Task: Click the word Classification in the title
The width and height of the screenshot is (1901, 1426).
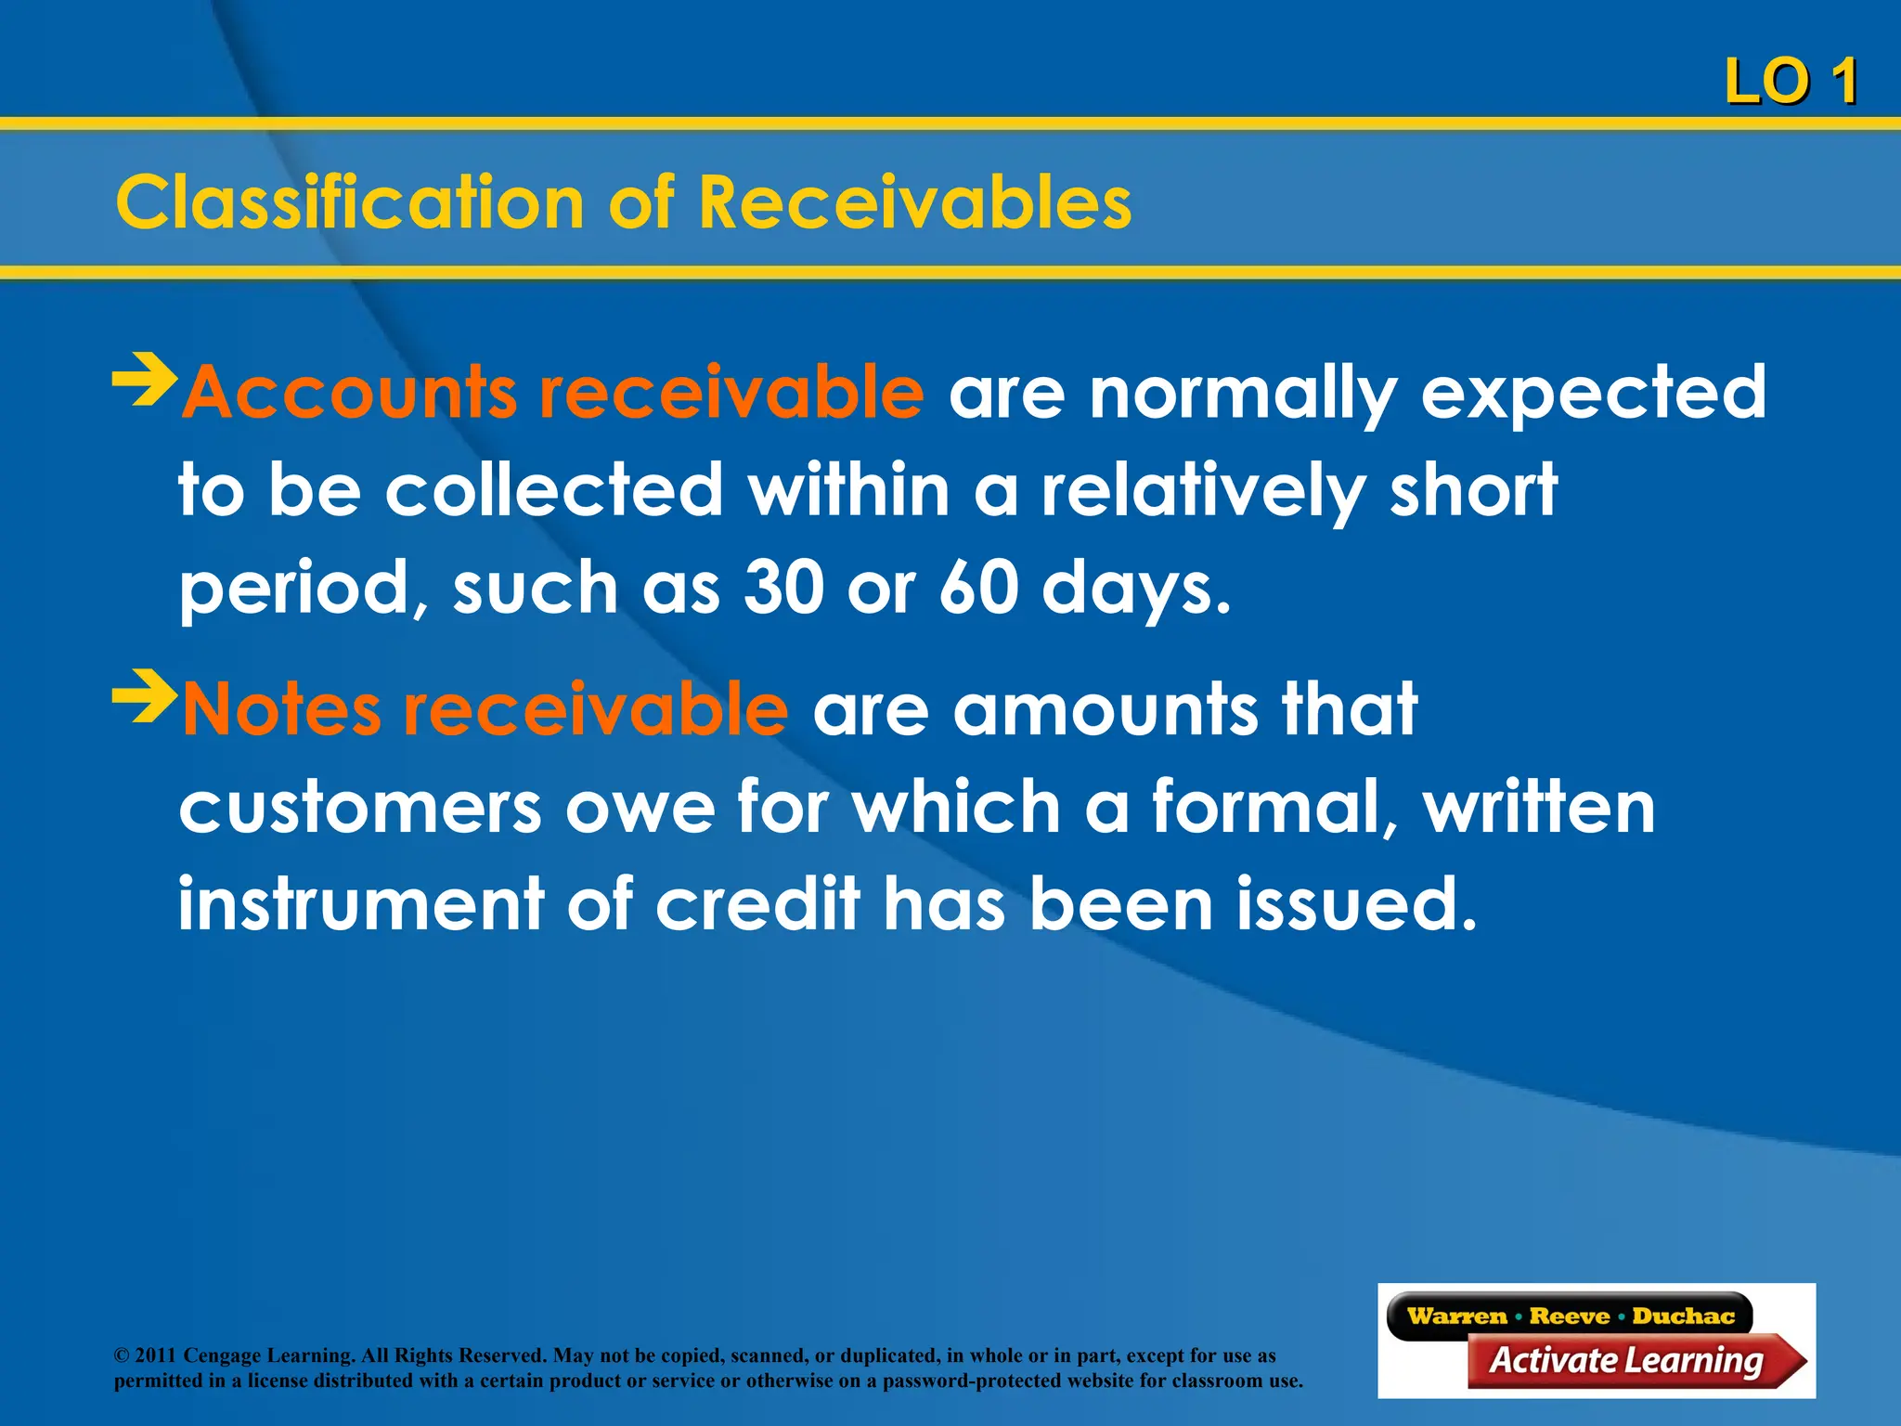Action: (349, 202)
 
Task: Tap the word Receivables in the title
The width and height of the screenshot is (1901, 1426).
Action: (914, 202)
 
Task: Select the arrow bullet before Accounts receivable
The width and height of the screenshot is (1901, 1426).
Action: (144, 380)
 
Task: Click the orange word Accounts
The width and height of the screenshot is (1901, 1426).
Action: (348, 393)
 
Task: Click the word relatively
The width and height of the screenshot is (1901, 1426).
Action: (1203, 492)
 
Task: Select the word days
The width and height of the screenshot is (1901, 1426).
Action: (1135, 590)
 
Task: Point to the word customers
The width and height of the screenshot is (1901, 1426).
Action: (360, 808)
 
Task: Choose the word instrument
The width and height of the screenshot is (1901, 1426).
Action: (361, 904)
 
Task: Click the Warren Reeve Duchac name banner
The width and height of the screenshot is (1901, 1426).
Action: (1570, 1316)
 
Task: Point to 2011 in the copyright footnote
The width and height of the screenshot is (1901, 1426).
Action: (155, 1355)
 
